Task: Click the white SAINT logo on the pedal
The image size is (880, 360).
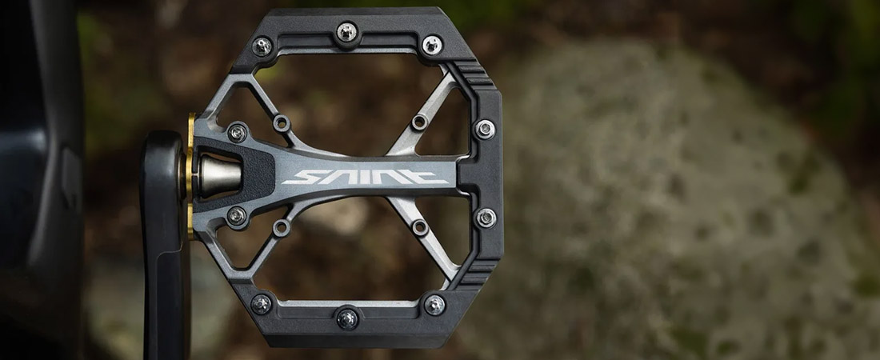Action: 366,177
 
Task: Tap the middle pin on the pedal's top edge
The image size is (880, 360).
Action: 347,32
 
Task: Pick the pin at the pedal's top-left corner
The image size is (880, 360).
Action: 262,46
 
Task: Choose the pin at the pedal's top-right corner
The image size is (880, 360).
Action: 432,45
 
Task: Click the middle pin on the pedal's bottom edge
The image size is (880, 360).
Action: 347,318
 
